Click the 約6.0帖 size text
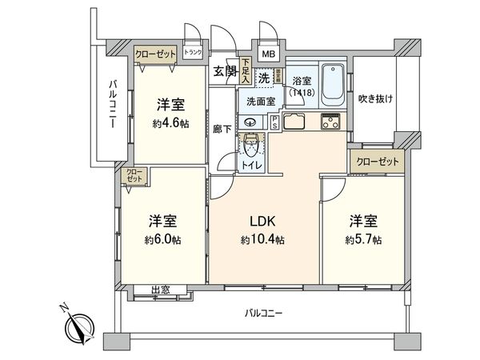[161, 239]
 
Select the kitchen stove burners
[331, 122]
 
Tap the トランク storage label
[193, 54]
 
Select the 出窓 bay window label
[160, 290]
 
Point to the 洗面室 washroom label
[260, 102]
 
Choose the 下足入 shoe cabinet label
[246, 74]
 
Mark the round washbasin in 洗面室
[250, 122]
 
